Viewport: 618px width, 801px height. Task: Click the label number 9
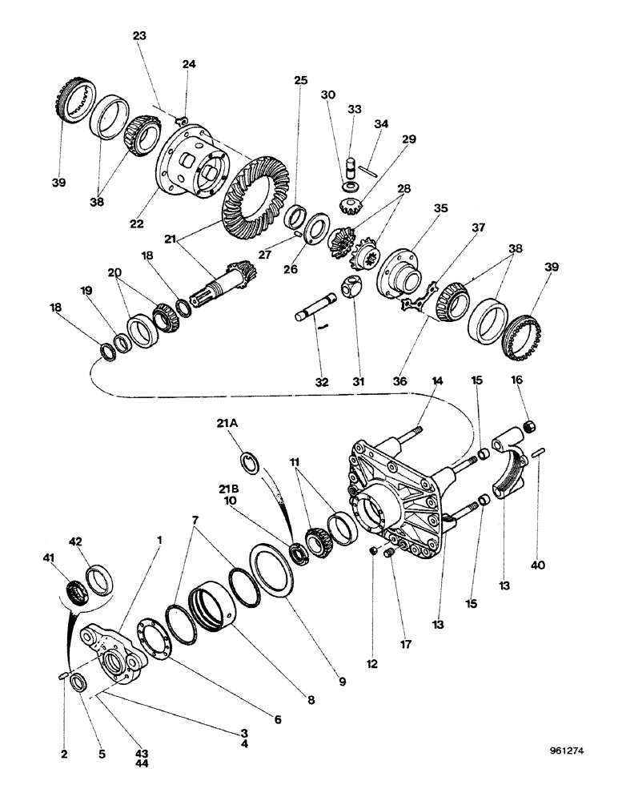[x=342, y=682]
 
